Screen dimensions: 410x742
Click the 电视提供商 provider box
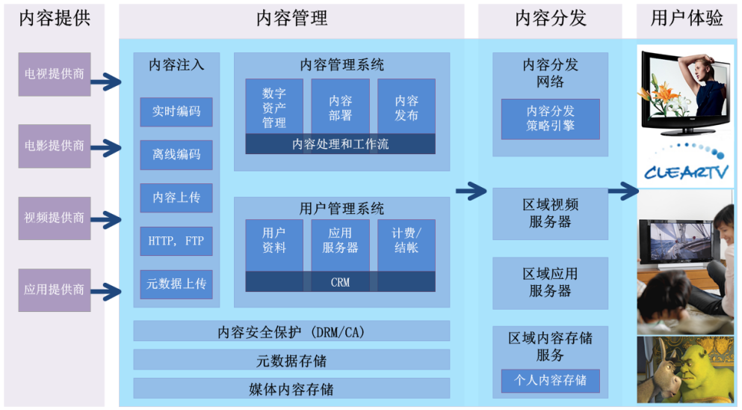pyautogui.click(x=55, y=74)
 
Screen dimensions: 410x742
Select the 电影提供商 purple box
pyautogui.click(x=55, y=146)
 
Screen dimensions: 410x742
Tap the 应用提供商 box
pyautogui.click(x=55, y=290)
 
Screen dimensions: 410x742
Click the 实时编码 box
pyautogui.click(x=176, y=111)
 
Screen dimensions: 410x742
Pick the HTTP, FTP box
pyautogui.click(x=176, y=241)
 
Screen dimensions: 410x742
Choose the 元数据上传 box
pyautogui.click(x=176, y=284)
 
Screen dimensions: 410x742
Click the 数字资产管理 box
pyautogui.click(x=274, y=106)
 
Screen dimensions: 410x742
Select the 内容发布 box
pyautogui.click(x=406, y=106)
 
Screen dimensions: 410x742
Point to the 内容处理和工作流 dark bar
pyautogui.click(x=340, y=144)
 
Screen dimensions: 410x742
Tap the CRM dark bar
pyautogui.click(x=340, y=282)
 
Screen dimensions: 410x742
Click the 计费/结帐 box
pyautogui.click(x=406, y=239)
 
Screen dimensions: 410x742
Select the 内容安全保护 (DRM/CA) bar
pyautogui.click(x=291, y=331)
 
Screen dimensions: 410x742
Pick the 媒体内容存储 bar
pyautogui.click(x=291, y=389)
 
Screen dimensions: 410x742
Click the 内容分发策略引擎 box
pyautogui.click(x=550, y=119)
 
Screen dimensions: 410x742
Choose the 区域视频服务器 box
pyautogui.click(x=550, y=213)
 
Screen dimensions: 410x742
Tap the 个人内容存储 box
pyautogui.click(x=550, y=381)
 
